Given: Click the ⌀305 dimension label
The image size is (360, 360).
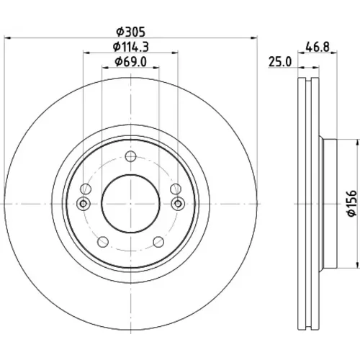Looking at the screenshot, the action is [x=131, y=32].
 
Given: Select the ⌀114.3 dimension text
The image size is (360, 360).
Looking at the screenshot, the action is [x=131, y=47].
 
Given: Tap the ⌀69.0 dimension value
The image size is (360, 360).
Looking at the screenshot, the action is [x=130, y=62].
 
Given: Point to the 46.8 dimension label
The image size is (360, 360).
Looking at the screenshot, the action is [x=318, y=47].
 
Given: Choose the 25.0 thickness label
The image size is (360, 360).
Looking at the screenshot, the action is [x=280, y=62].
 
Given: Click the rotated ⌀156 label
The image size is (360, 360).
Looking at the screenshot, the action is [x=352, y=204].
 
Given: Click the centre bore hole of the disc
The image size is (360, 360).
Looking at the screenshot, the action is [x=130, y=204].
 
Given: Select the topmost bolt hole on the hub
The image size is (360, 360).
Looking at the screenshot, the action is [x=130, y=156].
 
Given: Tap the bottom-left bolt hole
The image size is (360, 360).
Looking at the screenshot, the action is [x=103, y=242].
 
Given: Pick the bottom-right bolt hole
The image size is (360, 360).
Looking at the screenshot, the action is [x=158, y=242].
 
